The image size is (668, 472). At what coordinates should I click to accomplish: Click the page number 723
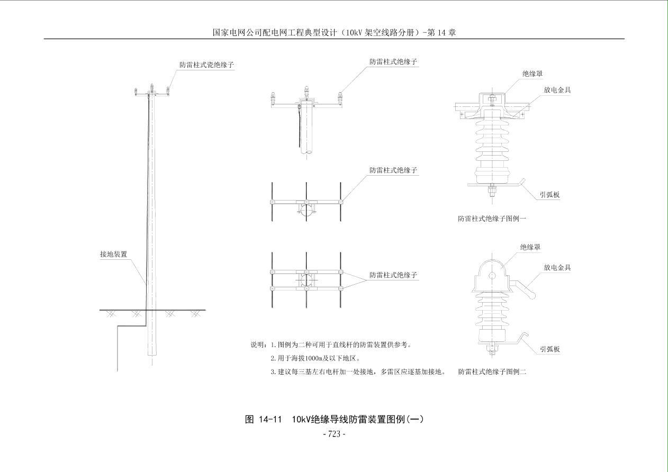(x=334, y=434)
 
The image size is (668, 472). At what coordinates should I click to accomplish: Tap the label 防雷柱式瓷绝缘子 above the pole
(x=206, y=65)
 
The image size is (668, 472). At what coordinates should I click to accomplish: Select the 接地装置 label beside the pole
(x=113, y=254)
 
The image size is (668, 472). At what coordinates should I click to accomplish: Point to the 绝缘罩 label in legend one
(x=532, y=74)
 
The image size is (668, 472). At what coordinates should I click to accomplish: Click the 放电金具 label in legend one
(x=557, y=89)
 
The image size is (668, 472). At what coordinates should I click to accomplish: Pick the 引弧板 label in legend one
(x=549, y=194)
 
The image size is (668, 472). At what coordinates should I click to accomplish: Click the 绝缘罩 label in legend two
(x=530, y=247)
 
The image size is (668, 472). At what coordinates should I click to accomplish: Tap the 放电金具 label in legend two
(x=557, y=267)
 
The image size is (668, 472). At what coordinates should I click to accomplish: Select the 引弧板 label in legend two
(x=549, y=349)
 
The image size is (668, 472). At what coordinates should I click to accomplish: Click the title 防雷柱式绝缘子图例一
(x=492, y=218)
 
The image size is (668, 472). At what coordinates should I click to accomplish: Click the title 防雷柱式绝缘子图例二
(x=492, y=371)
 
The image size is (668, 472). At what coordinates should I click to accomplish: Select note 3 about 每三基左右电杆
(x=358, y=371)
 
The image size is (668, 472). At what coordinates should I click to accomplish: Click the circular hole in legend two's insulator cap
(x=492, y=275)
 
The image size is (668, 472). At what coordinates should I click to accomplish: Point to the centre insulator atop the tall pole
(x=152, y=87)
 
